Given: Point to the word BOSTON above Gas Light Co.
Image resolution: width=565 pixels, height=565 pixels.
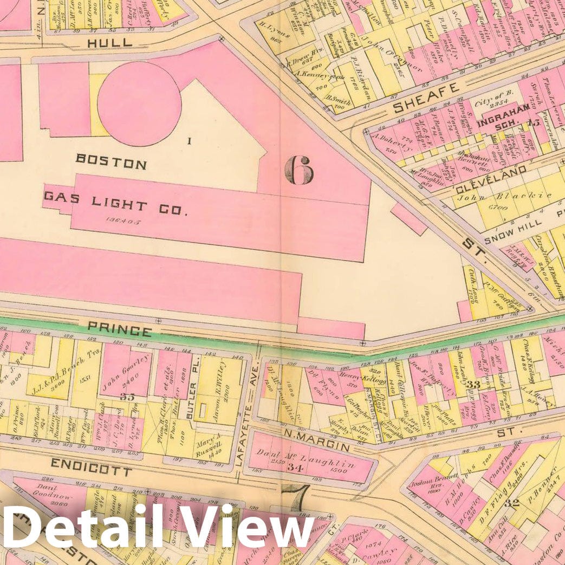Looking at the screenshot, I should (x=111, y=162).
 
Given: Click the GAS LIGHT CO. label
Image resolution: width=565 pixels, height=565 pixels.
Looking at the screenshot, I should (x=115, y=203).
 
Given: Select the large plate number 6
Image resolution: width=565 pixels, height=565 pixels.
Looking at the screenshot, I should (x=298, y=170).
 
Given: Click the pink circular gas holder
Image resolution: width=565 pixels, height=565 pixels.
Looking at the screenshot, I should (x=139, y=103).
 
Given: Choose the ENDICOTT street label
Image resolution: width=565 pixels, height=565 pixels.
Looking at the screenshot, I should (x=90, y=466).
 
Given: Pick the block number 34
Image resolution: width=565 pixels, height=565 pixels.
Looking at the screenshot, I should (x=295, y=467).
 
